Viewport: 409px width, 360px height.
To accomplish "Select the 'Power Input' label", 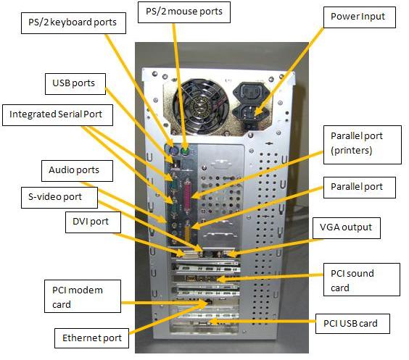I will pos(358,17).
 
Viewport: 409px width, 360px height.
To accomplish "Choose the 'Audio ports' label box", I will pos(73,171).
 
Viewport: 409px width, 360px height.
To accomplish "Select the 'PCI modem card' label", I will pos(78,297).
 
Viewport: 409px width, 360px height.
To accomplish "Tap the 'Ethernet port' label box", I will pos(90,338).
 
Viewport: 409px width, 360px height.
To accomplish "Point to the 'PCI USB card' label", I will pos(352,323).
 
